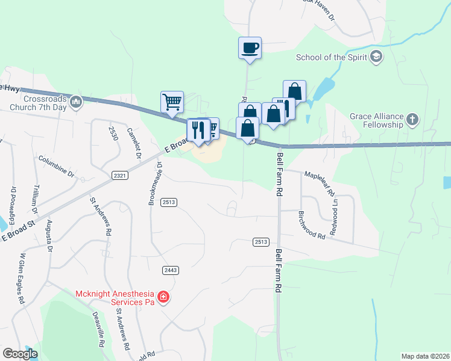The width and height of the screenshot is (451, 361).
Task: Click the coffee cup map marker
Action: pyautogui.click(x=250, y=48)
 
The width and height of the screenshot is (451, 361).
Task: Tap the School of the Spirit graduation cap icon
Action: pyautogui.click(x=377, y=57)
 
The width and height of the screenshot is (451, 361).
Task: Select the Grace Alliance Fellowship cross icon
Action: pyautogui.click(x=412, y=118)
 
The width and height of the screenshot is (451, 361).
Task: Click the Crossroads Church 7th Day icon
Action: pyautogui.click(x=76, y=102)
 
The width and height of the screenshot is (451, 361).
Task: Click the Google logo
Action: pyautogui.click(x=20, y=354)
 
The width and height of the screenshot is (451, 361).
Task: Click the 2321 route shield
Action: pyautogui.click(x=119, y=175)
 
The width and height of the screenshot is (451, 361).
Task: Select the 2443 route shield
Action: pyautogui.click(x=171, y=271)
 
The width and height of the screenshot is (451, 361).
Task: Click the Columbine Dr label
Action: pyautogui.click(x=55, y=167)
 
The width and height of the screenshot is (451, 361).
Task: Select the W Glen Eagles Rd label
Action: pyautogui.click(x=21, y=278)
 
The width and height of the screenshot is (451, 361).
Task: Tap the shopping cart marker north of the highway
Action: pyautogui.click(x=172, y=102)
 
